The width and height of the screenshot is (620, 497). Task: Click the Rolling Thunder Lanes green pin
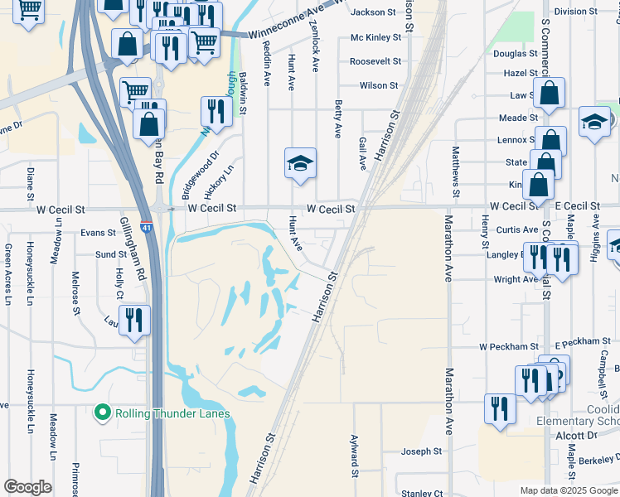(x=103, y=412)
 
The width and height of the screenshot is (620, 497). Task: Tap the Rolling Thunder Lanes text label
(x=172, y=413)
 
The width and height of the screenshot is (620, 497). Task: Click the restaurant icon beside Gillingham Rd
(x=133, y=320)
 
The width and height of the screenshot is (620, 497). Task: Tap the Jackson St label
(x=374, y=12)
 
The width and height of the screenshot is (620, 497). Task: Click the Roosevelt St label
(x=375, y=61)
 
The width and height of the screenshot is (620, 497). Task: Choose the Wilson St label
(x=379, y=85)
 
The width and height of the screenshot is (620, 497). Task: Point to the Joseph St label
(x=422, y=451)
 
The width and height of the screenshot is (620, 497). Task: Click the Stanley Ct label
(x=422, y=494)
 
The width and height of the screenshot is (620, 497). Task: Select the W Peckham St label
(x=509, y=346)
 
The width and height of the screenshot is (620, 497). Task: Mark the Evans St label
(x=98, y=234)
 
